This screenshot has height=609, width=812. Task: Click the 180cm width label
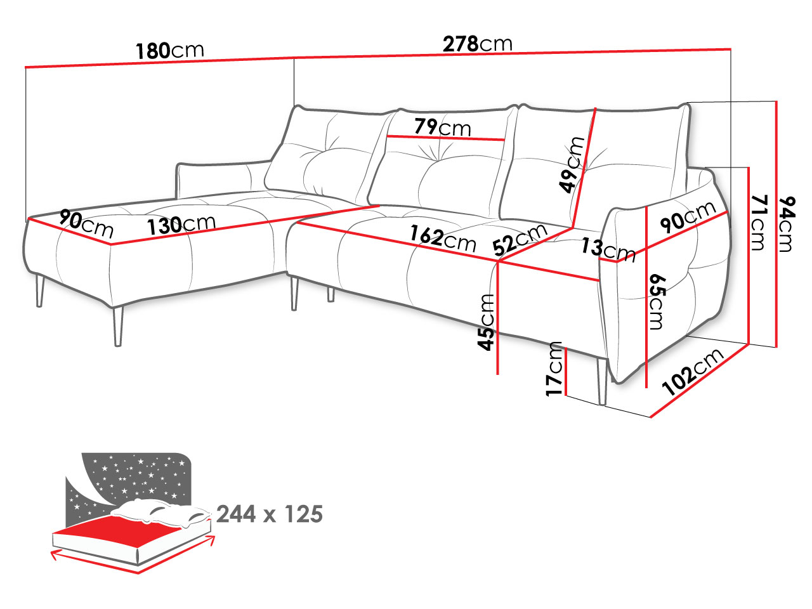[170, 51]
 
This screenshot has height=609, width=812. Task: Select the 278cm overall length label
[477, 44]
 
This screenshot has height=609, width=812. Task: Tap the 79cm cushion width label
[442, 127]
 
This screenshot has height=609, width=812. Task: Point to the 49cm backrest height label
[572, 165]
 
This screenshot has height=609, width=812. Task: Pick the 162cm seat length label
[442, 239]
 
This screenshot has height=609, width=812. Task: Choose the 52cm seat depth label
[520, 240]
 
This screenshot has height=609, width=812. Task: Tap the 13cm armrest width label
[608, 250]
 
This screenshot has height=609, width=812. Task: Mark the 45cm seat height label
[486, 322]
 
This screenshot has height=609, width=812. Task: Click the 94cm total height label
[787, 224]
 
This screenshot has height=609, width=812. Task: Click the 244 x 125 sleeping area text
[270, 514]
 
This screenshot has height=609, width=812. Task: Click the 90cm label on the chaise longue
[86, 224]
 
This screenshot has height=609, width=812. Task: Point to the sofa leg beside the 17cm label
[602, 382]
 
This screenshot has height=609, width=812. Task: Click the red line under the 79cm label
[445, 138]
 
